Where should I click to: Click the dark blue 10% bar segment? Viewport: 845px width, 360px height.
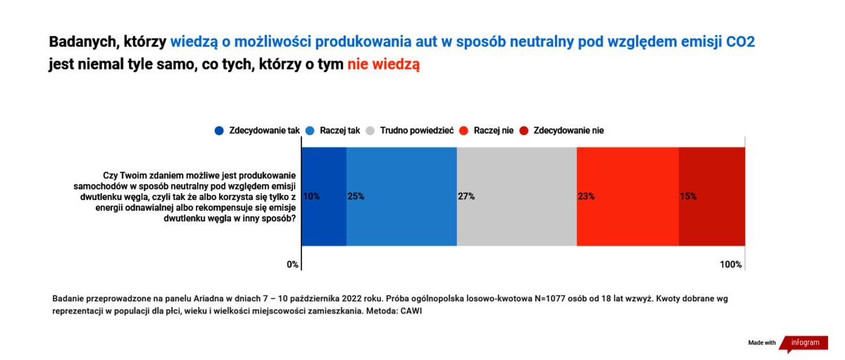324,197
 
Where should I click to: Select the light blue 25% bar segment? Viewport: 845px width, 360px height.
401,197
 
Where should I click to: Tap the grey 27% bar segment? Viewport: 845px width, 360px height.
517,197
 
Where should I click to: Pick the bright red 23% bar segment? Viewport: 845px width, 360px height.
627,197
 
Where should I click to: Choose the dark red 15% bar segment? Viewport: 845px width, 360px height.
712,197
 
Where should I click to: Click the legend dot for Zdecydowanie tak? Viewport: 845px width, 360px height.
219,131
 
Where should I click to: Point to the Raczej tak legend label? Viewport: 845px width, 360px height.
339,130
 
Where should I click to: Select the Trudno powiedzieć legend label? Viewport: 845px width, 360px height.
416,130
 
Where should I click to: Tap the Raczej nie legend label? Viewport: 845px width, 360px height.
494,130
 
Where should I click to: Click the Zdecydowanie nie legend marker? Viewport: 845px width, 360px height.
524,131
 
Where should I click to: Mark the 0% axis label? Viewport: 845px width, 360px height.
292,264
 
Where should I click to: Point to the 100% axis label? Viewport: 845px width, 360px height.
731,264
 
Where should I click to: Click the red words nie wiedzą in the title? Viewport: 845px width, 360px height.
383,65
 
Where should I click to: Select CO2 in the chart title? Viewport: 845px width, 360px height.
741,42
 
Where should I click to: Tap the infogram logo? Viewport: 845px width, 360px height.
804,343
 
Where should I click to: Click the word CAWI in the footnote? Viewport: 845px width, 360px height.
411,311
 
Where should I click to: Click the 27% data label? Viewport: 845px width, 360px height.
466,197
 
